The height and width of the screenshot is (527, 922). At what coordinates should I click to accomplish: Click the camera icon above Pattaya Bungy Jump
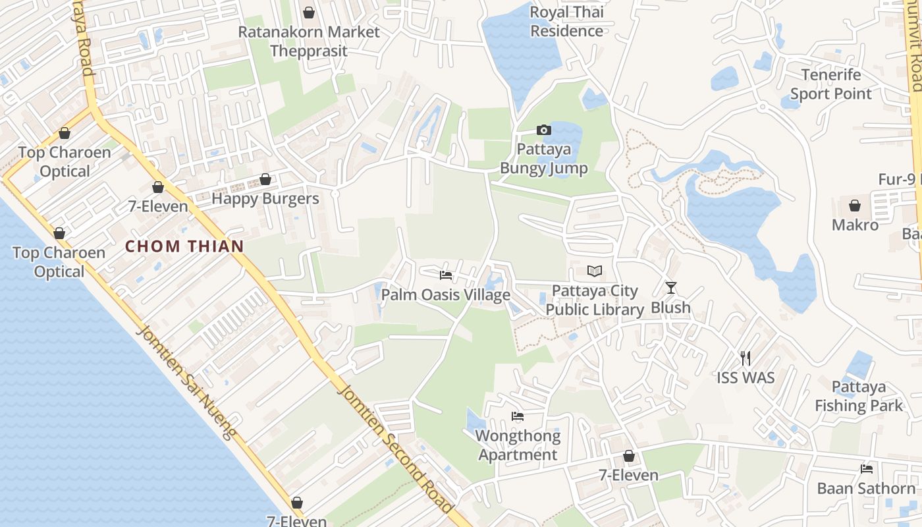543,130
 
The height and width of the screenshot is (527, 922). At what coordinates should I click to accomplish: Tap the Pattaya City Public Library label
595,300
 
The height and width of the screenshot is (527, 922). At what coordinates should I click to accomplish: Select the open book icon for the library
595,271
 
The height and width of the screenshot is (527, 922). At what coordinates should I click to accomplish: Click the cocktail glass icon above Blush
670,287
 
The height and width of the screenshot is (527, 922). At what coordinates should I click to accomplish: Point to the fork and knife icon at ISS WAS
746,358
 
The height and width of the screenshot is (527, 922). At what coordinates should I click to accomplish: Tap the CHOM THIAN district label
184,246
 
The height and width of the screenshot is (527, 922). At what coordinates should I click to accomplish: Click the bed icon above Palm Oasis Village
446,275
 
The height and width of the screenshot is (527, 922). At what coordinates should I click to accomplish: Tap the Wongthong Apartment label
518,445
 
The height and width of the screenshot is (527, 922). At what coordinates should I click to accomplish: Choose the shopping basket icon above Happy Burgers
265,179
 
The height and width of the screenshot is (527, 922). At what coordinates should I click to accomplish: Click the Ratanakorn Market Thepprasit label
308,41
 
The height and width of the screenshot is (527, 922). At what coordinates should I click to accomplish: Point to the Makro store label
855,225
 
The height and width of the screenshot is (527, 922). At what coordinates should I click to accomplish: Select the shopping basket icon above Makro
855,206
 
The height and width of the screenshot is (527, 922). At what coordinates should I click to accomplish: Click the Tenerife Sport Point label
830,84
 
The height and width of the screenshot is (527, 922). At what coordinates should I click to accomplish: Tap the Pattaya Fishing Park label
858,396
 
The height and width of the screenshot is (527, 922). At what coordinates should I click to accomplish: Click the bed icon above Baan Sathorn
867,469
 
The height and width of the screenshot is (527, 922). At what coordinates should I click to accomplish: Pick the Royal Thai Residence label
566,21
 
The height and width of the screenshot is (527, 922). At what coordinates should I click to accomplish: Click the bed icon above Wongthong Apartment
518,416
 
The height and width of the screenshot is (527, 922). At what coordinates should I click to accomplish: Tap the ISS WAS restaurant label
746,378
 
